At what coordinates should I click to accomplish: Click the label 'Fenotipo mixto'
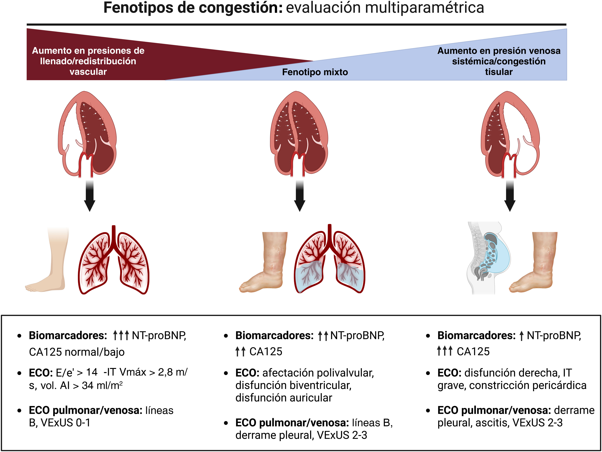tap(315, 72)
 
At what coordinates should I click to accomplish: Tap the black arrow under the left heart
tap(90, 196)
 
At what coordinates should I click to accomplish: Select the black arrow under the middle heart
tap(300, 196)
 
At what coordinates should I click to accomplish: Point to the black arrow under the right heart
tap(510, 196)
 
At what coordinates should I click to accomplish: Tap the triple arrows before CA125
tap(444, 351)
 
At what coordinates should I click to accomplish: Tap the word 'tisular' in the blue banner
tap(499, 72)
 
